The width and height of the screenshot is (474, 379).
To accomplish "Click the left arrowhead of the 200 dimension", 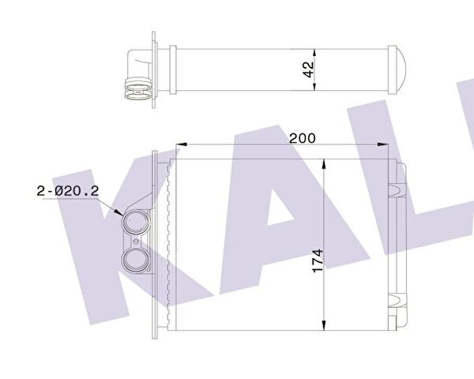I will pyautogui.click(x=177, y=145).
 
